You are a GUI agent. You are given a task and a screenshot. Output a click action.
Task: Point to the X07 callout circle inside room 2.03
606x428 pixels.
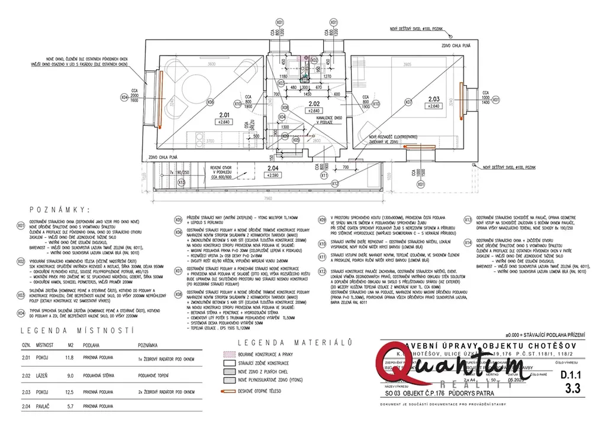[x=408, y=102]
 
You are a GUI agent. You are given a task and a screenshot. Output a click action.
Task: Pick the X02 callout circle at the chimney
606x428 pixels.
[x=314, y=60]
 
